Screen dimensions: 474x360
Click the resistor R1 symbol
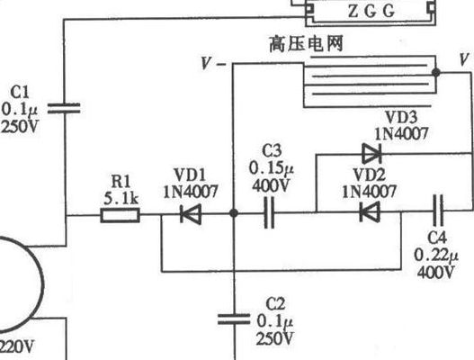(x=120, y=215)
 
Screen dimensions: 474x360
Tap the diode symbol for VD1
(x=191, y=214)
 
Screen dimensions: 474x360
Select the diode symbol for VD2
(x=370, y=211)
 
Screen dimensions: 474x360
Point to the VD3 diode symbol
(x=371, y=154)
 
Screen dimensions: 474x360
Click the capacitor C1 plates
(x=64, y=109)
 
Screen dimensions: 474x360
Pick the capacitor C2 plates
(x=234, y=319)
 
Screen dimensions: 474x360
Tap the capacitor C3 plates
(x=269, y=212)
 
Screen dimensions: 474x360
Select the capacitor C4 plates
(x=438, y=211)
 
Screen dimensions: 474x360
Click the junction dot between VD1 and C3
(x=234, y=213)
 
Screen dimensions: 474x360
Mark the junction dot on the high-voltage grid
(x=436, y=72)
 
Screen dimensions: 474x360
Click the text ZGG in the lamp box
(x=371, y=12)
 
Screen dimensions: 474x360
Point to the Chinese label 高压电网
(x=306, y=44)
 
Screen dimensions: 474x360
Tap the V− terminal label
(x=213, y=64)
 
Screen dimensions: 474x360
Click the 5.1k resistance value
(x=121, y=199)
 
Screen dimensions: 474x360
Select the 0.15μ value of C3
(x=271, y=168)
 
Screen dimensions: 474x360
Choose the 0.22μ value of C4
(x=436, y=255)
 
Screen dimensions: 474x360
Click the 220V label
(x=16, y=346)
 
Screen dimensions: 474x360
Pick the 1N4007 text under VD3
(x=402, y=133)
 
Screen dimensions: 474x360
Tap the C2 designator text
(x=275, y=304)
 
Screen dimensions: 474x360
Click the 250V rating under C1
(x=20, y=126)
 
